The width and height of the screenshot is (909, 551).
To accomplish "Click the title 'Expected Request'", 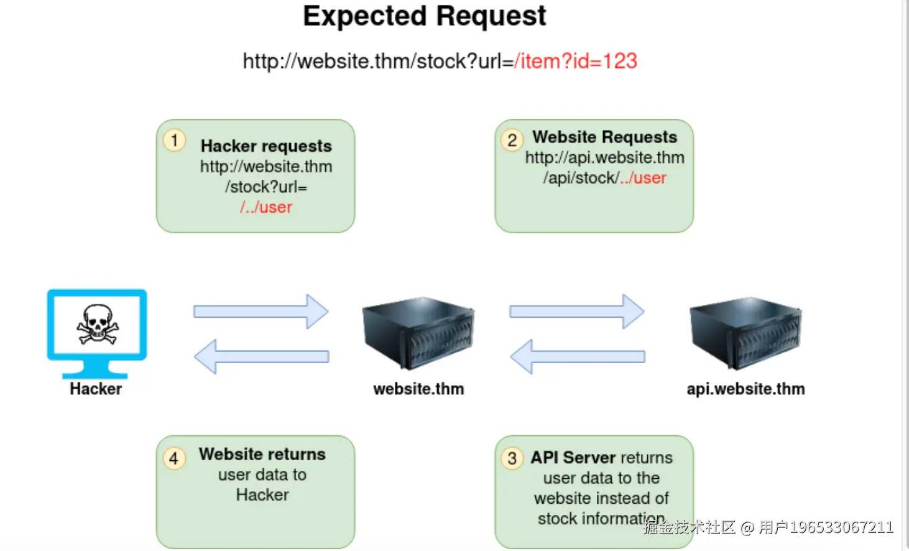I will click(425, 16).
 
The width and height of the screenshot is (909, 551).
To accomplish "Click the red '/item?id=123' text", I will click(576, 61).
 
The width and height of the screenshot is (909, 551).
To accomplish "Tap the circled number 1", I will click(174, 140).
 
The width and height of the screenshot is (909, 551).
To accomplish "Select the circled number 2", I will click(512, 140).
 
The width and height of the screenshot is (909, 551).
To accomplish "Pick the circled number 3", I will click(512, 458).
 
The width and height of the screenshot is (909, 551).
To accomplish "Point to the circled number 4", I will click(173, 458).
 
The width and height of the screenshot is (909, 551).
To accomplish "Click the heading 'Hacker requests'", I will click(266, 146).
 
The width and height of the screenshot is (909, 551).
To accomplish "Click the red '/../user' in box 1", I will click(266, 207).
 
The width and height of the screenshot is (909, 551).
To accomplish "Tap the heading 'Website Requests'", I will click(604, 137).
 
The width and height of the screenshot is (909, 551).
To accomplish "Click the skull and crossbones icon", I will click(97, 324).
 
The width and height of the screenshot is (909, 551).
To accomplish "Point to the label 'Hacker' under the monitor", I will click(96, 389).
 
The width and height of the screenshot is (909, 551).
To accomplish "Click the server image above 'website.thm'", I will click(418, 333).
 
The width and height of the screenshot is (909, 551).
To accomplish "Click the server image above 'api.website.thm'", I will click(745, 333).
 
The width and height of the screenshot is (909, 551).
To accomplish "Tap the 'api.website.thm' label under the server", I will click(745, 389).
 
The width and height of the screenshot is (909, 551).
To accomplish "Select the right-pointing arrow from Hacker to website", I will click(261, 311).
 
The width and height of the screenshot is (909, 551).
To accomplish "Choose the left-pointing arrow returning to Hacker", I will click(261, 356).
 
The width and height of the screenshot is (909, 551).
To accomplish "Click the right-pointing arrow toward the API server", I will click(576, 311).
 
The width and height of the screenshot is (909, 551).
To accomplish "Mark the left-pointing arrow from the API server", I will click(576, 356).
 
